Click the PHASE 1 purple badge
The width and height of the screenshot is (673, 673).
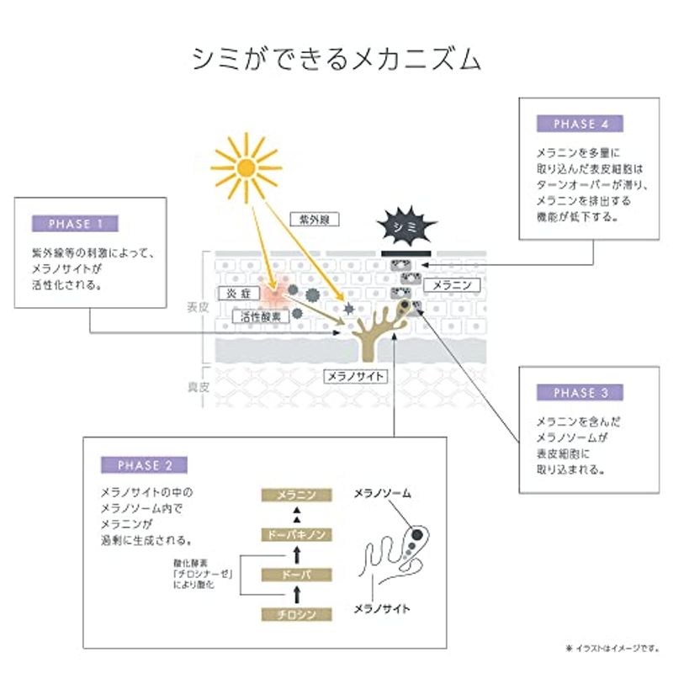tap(75, 224)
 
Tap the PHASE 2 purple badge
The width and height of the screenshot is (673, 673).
tap(144, 465)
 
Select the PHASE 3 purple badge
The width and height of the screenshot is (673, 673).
tap(580, 392)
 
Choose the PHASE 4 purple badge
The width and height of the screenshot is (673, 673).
tap(580, 124)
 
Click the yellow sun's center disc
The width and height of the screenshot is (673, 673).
tap(246, 167)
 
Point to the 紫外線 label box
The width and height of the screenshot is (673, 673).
tap(315, 220)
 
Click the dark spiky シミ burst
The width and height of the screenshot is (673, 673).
tap(406, 225)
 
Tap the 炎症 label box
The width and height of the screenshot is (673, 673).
tap(239, 294)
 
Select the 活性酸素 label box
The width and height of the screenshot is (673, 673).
tap(261, 317)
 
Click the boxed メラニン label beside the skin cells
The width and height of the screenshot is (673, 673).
tap(452, 285)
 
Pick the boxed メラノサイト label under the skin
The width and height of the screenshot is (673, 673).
tap(355, 376)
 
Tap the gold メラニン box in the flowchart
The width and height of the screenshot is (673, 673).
tap(297, 495)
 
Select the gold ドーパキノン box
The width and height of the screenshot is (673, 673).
tap(297, 535)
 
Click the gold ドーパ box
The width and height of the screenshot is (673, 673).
tap(297, 575)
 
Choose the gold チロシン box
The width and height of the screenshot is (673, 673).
tap(297, 614)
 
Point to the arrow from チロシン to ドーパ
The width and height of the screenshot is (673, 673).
tap(297, 595)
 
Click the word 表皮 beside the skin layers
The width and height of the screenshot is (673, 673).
tap(198, 307)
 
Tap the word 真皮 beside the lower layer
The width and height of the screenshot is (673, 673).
tap(198, 387)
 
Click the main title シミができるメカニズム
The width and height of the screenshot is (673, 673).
tap(336, 59)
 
